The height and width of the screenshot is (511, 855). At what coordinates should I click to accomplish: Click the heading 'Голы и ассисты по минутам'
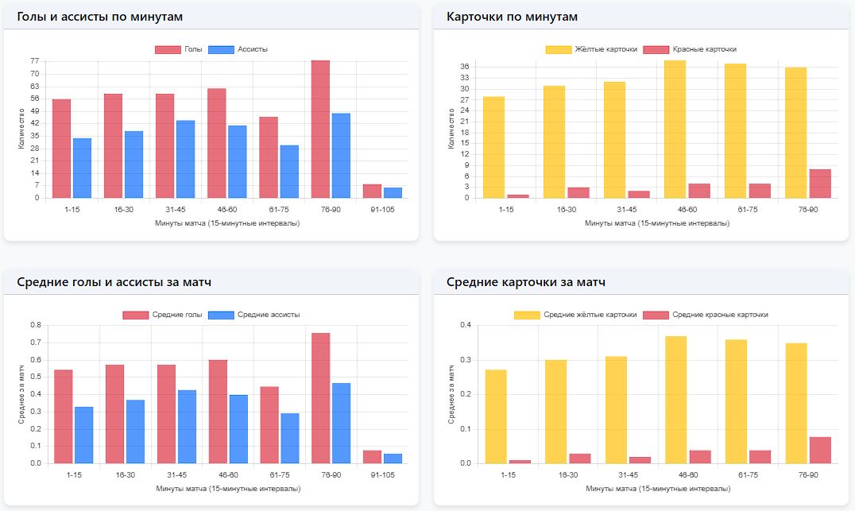(99, 17)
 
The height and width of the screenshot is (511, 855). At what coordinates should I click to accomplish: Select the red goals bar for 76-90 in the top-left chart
(320, 130)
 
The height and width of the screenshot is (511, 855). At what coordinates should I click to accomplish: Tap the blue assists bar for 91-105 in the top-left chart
(393, 192)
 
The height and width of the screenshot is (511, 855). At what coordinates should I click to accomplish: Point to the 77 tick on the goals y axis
(34, 61)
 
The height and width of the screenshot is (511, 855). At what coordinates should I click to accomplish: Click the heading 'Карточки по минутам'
(512, 17)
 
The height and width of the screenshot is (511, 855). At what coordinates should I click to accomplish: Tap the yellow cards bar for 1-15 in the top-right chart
(493, 147)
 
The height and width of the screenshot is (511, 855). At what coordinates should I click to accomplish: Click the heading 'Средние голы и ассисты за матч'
(114, 282)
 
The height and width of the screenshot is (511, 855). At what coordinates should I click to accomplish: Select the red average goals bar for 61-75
(269, 424)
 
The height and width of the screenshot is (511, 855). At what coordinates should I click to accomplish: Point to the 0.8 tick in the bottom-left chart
(35, 325)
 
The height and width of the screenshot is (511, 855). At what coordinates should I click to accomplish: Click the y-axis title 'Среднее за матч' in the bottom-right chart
(451, 394)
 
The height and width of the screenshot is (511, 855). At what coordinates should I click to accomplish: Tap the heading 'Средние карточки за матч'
(526, 282)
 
